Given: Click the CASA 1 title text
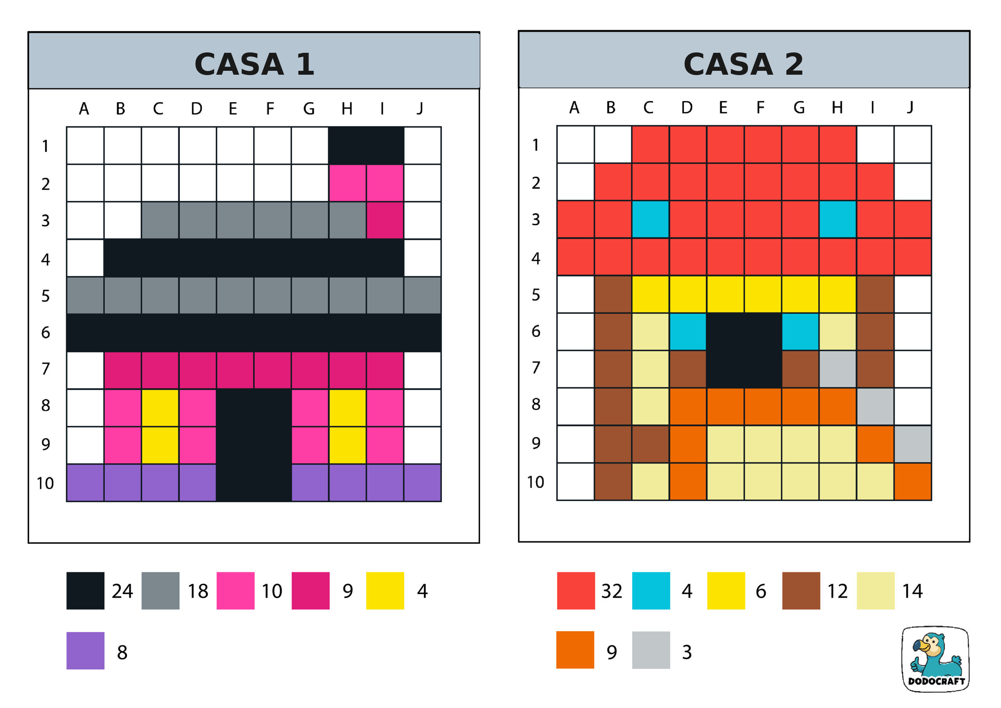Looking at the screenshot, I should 254,64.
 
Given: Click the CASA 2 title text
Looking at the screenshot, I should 743,64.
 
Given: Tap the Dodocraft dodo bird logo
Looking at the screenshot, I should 935,659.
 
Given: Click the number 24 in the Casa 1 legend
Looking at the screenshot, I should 122,591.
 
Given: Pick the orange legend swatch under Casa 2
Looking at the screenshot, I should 575,650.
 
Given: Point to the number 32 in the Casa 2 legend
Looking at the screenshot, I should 612,591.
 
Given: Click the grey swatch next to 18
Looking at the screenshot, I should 160,591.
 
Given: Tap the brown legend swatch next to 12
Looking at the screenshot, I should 801,591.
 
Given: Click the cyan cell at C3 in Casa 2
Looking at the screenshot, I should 650,219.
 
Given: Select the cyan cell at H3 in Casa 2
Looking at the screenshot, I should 838,219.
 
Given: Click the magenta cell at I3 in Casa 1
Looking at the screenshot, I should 385,220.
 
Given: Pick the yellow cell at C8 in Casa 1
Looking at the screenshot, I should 160,408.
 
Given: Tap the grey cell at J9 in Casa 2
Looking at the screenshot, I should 913,444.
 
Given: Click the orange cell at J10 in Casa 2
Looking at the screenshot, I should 913,482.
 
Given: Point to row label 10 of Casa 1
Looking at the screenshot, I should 45,483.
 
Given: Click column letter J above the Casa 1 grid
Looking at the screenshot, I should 420,108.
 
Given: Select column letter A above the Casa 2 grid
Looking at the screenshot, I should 574,107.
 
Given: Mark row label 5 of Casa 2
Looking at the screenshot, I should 536,295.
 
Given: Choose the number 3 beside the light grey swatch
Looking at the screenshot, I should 687,652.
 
